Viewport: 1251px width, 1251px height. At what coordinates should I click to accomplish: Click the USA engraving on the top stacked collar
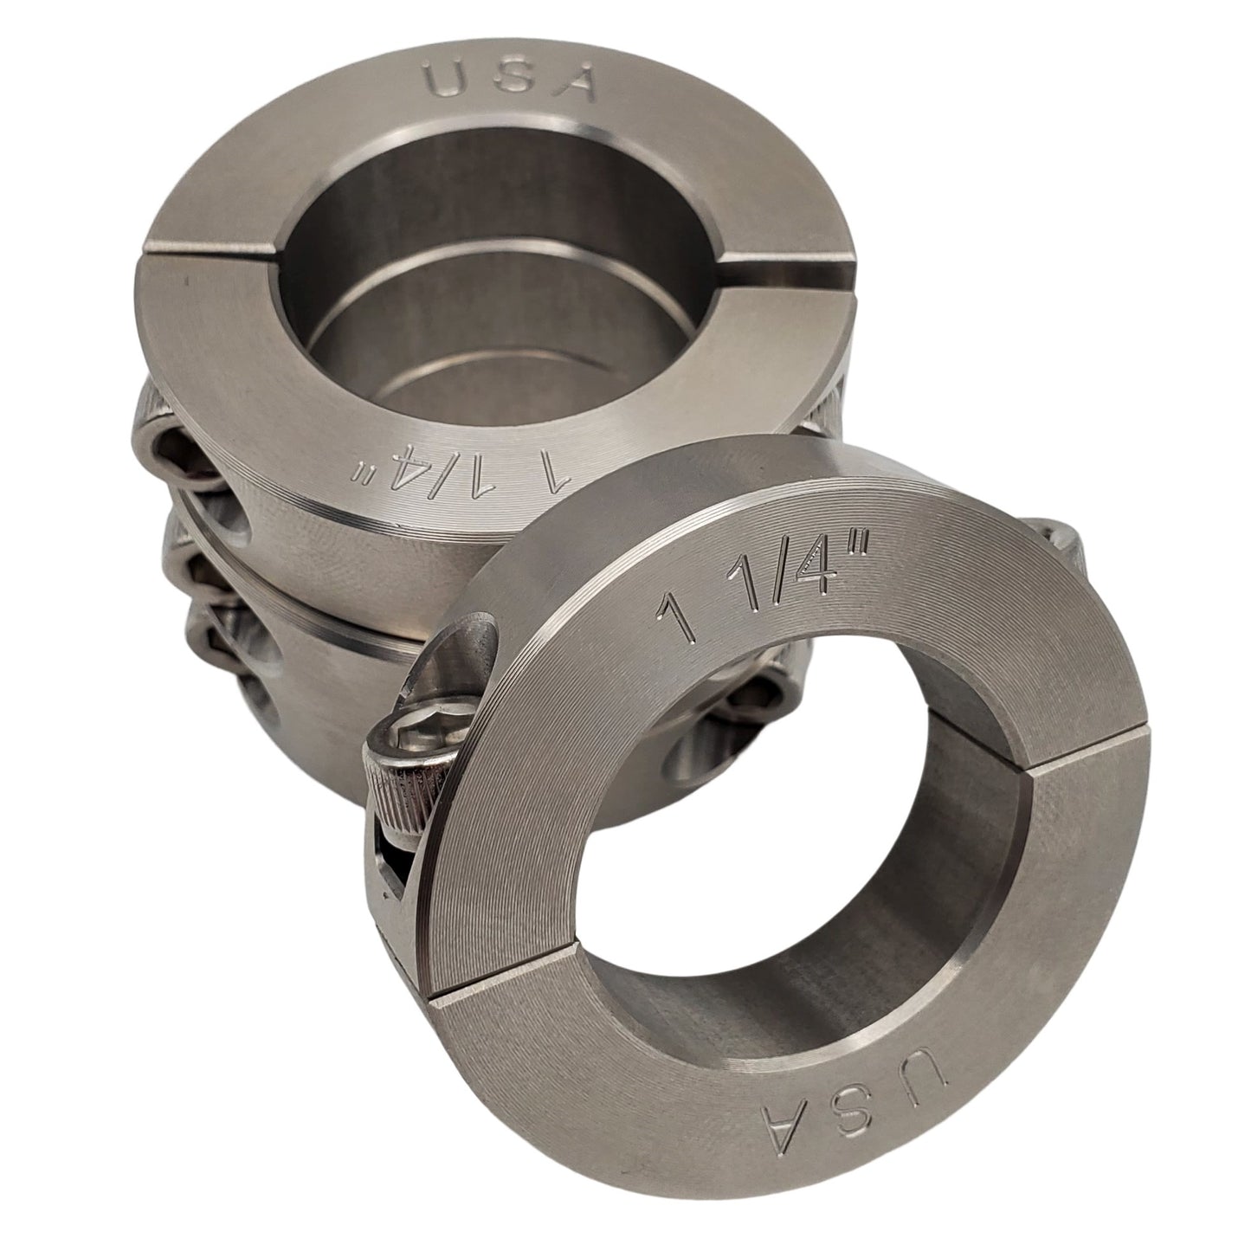(x=512, y=82)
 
